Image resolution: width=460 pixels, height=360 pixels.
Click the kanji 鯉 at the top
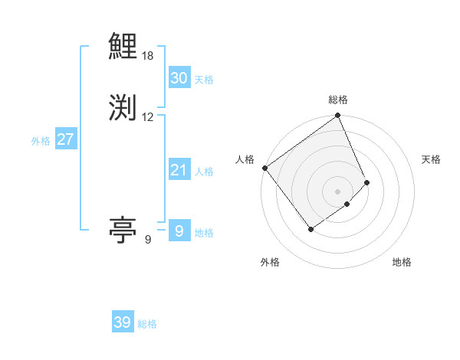click(x=123, y=47)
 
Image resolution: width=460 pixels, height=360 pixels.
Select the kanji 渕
click(x=123, y=106)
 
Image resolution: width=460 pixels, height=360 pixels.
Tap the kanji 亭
click(x=123, y=229)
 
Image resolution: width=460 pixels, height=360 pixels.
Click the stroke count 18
click(x=148, y=56)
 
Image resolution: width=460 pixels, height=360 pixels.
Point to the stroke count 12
click(x=148, y=117)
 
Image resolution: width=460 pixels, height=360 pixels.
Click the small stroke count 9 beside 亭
click(x=148, y=240)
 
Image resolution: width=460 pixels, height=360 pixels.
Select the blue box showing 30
click(x=179, y=78)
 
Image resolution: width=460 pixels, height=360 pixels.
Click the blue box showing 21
click(x=179, y=170)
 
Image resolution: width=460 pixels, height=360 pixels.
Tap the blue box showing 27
click(x=65, y=139)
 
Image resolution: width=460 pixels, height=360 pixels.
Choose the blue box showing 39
click(x=122, y=322)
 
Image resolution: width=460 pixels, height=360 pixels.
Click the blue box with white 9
click(x=179, y=231)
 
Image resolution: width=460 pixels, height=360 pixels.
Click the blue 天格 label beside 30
click(x=204, y=80)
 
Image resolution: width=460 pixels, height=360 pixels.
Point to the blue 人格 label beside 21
click(x=204, y=172)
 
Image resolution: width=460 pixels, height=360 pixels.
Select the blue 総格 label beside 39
click(x=147, y=324)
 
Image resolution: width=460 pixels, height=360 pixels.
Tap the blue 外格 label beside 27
click(x=41, y=141)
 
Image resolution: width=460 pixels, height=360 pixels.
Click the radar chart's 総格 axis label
click(x=337, y=100)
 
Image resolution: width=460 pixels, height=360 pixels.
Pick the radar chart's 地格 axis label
click(x=402, y=262)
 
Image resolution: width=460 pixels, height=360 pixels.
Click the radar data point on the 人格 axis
click(x=264, y=168)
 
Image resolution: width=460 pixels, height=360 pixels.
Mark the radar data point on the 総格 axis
click(x=337, y=116)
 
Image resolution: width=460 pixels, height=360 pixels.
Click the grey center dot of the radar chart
click(x=337, y=191)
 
